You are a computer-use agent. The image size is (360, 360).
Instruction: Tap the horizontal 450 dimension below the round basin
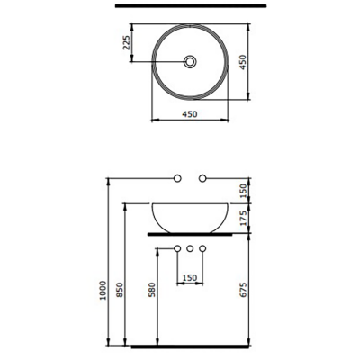pyautogui.click(x=190, y=114)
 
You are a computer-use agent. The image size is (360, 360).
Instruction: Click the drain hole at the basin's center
pyautogui.click(x=190, y=61)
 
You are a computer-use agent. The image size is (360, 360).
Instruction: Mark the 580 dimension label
pyautogui.click(x=154, y=292)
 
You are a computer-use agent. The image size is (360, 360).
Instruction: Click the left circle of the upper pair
pyautogui.click(x=178, y=175)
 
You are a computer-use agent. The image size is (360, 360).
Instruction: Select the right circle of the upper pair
pyautogui.click(x=202, y=175)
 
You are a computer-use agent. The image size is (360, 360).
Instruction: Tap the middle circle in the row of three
pyautogui.click(x=190, y=247)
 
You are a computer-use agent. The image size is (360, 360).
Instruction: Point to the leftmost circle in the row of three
pyautogui.click(x=177, y=247)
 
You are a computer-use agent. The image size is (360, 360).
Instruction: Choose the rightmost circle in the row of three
pyautogui.click(x=202, y=247)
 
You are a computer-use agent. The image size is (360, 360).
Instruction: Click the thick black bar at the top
pyautogui.click(x=189, y=6)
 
